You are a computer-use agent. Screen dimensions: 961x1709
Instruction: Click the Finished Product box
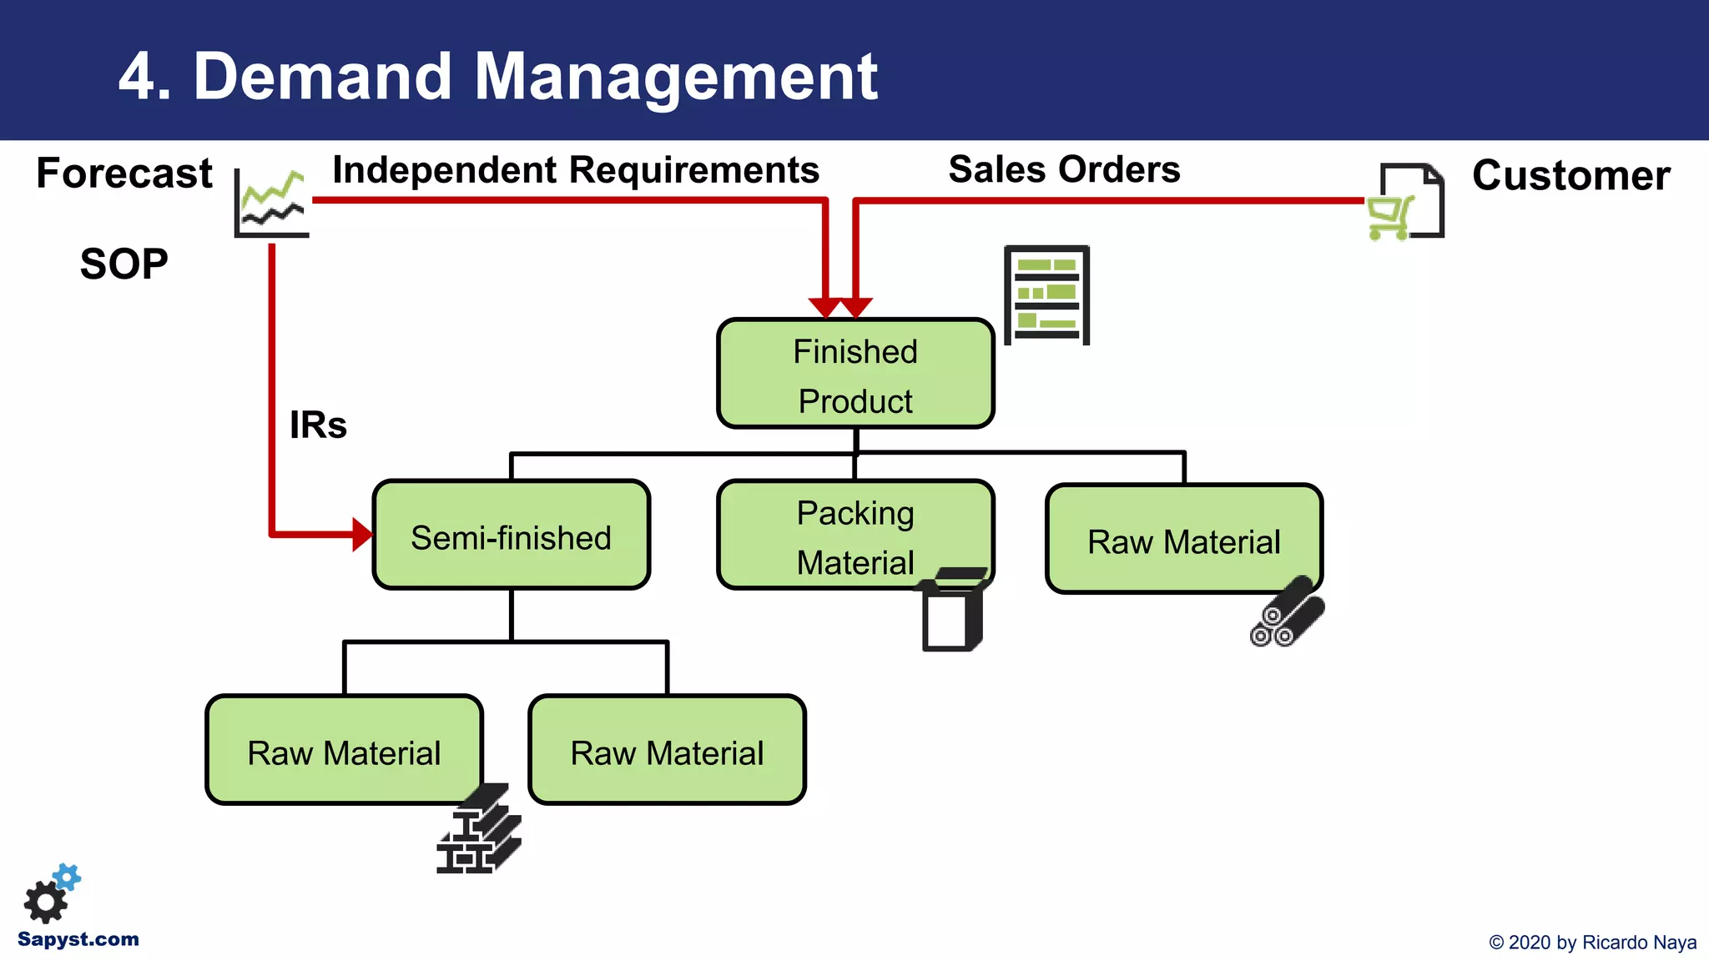coord(855,374)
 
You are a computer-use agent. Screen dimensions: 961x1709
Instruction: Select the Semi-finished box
coord(511,536)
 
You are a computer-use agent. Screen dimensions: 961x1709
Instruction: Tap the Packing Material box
coord(855,536)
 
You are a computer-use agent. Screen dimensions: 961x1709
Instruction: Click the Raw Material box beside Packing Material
coord(1183,540)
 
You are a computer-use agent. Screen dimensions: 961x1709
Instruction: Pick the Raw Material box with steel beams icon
coord(344,750)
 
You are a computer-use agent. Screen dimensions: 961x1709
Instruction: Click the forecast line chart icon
coord(271,203)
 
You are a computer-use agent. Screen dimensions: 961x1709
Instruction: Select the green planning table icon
coord(1046,295)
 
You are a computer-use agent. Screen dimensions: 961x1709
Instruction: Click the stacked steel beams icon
coord(479,830)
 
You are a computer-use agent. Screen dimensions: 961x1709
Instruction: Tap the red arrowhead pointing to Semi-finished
coord(362,535)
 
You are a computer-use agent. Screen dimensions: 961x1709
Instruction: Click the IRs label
coord(318,425)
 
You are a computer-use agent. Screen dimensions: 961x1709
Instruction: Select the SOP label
coord(124,264)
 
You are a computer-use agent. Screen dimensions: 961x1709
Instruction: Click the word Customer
coord(1570,176)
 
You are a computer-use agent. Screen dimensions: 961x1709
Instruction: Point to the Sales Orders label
coord(1064,169)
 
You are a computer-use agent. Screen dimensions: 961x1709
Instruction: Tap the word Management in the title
coord(676,77)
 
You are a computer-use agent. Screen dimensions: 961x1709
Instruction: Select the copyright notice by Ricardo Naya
coord(1592,943)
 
